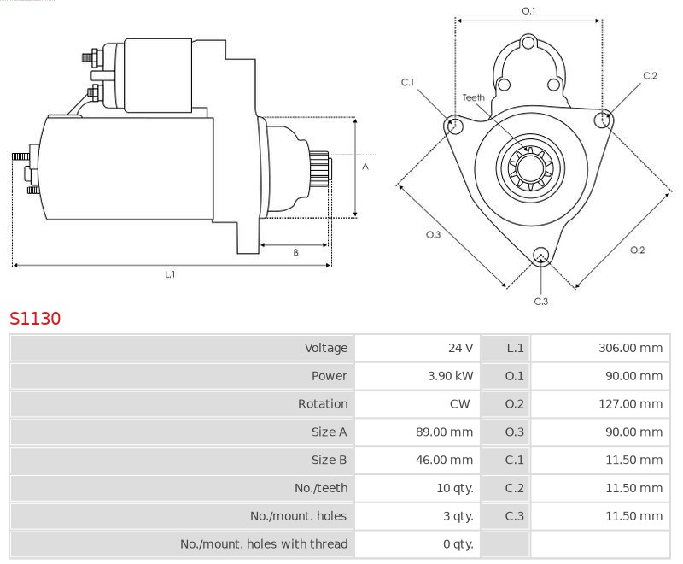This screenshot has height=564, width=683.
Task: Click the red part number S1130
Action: tap(35, 319)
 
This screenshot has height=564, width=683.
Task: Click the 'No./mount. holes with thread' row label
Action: tap(264, 544)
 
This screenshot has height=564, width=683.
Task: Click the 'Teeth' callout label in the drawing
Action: tap(473, 97)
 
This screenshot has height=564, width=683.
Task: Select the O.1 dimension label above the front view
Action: tap(528, 10)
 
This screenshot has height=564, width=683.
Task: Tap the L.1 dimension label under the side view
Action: tap(170, 273)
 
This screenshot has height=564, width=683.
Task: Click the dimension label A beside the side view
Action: tap(365, 167)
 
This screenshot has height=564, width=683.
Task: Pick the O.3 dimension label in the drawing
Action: tap(433, 235)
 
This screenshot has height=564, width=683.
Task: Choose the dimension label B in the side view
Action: tap(295, 252)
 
